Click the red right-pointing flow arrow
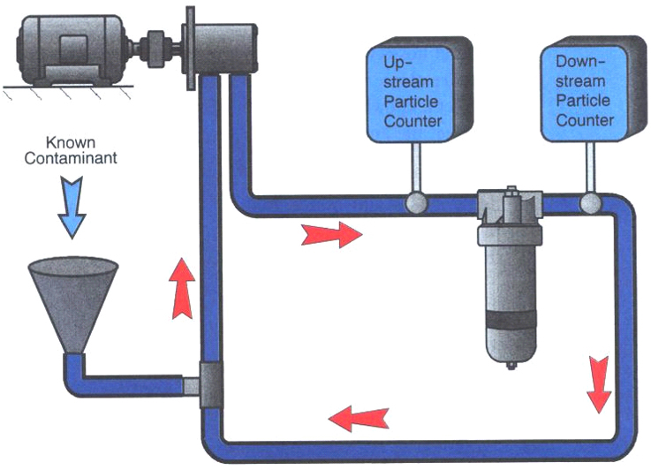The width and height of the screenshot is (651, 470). click(x=331, y=234)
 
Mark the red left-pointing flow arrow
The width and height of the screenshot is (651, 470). click(x=358, y=414)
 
